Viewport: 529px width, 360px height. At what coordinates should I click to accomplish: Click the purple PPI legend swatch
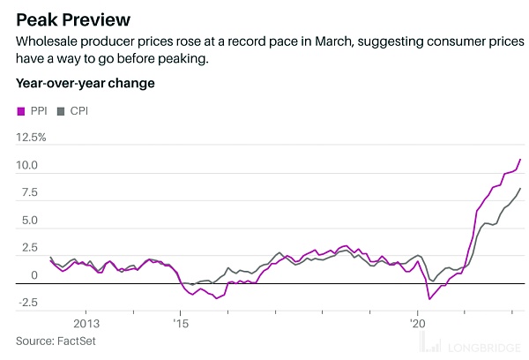pyautogui.click(x=21, y=111)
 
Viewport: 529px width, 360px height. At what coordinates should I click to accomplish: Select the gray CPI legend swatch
pyautogui.click(x=62, y=111)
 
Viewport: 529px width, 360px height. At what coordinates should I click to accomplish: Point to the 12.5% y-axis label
pyautogui.click(x=32, y=138)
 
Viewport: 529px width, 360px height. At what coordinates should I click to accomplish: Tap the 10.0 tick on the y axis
pyautogui.click(x=26, y=166)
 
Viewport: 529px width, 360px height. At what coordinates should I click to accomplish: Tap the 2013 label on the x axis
pyautogui.click(x=86, y=321)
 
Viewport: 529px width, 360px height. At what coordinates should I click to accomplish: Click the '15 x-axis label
pyautogui.click(x=180, y=321)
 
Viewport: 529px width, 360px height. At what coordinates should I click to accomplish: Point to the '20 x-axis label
pyautogui.click(x=418, y=321)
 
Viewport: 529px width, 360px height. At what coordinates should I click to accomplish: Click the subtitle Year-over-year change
pyautogui.click(x=85, y=84)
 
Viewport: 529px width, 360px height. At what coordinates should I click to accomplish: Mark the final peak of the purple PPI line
pyautogui.click(x=521, y=160)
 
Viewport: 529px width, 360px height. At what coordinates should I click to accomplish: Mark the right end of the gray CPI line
pyautogui.click(x=521, y=188)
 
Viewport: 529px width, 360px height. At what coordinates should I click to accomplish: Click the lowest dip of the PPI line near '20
pyautogui.click(x=429, y=299)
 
